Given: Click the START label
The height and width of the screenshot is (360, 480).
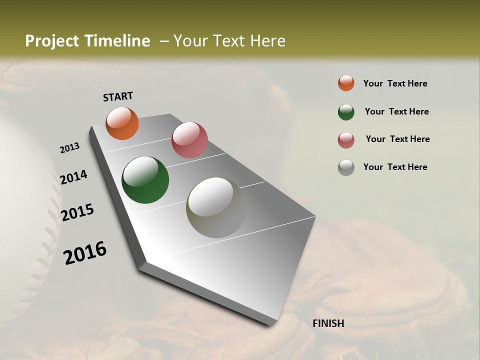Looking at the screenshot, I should pos(118,96).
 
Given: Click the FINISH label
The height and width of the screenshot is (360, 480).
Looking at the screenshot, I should pos(328,323).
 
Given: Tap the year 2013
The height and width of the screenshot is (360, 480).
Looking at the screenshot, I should pos(69,148).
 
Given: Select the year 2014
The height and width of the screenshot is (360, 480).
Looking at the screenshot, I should pos(73,177).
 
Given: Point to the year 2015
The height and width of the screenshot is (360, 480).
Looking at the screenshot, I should pos(77,212).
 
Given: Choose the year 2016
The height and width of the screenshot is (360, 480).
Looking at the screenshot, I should pos(85,253).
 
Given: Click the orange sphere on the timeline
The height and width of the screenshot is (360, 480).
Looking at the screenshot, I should pos(122,123).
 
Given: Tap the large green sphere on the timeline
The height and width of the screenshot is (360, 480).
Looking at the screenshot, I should pos(145,180).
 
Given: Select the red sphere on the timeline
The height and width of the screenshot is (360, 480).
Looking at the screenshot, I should pos(189,139).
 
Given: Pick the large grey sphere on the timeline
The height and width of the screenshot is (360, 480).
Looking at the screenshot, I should pos(216,207).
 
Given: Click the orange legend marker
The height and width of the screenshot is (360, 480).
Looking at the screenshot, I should pos(346,83).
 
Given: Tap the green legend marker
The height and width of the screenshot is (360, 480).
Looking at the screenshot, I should pos(346,112).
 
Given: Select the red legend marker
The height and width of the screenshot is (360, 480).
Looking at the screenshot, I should pos(346,140).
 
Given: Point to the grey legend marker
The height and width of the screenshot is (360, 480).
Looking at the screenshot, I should pos(346,167).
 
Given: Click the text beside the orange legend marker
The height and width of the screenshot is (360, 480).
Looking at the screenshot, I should pos(395,83).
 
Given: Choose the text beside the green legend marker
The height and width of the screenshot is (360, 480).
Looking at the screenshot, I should pos(396,111).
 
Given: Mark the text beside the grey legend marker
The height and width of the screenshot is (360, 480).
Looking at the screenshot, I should pos(395,167).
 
